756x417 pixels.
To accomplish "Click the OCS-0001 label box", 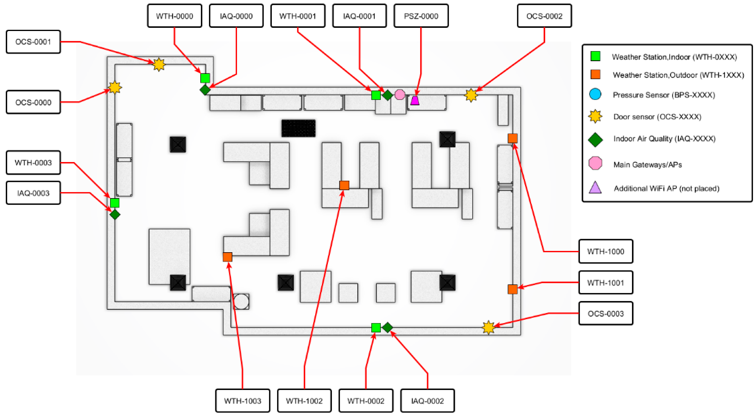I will click(x=33, y=42).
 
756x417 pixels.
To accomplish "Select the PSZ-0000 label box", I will click(x=421, y=16).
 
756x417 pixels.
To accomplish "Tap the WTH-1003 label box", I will click(x=242, y=401).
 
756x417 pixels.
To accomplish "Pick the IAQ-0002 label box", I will click(x=427, y=401).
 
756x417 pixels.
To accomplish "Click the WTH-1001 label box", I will click(x=605, y=283).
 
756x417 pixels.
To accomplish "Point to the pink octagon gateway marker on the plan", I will click(x=400, y=95).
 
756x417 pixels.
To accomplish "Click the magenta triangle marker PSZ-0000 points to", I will click(x=415, y=100).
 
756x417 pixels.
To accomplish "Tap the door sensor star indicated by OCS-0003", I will click(x=488, y=327).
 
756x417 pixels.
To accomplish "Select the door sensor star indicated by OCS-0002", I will click(x=471, y=95).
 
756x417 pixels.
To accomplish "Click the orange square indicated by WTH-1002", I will click(x=344, y=185).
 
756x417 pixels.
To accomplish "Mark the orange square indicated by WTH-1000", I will click(x=513, y=138).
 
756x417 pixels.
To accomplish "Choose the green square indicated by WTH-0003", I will click(x=114, y=203).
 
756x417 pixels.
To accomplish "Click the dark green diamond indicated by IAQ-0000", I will click(x=205, y=90).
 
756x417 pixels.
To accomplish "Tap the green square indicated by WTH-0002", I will click(x=376, y=328).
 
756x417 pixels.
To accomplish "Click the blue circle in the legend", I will click(x=595, y=94).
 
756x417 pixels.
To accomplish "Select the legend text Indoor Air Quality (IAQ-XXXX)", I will click(x=664, y=139).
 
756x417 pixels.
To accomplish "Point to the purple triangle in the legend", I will click(x=595, y=187).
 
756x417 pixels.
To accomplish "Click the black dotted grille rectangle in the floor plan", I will click(x=299, y=128).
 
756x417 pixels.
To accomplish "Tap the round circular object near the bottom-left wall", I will click(x=241, y=301).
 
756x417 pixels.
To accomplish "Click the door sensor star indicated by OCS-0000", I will click(x=115, y=87).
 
